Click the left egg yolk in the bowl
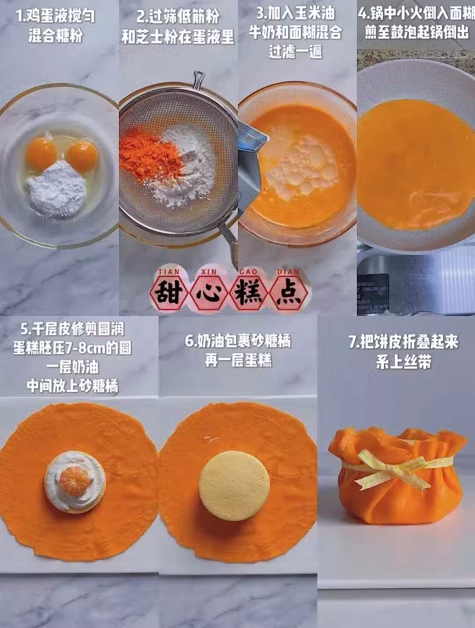(x=41, y=154)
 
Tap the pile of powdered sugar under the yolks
(x=57, y=189)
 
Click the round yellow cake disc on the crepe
(x=234, y=486)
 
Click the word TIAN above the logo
(x=169, y=272)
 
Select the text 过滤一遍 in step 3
(x=296, y=52)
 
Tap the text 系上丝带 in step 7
(x=404, y=362)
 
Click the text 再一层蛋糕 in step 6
(x=238, y=360)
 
